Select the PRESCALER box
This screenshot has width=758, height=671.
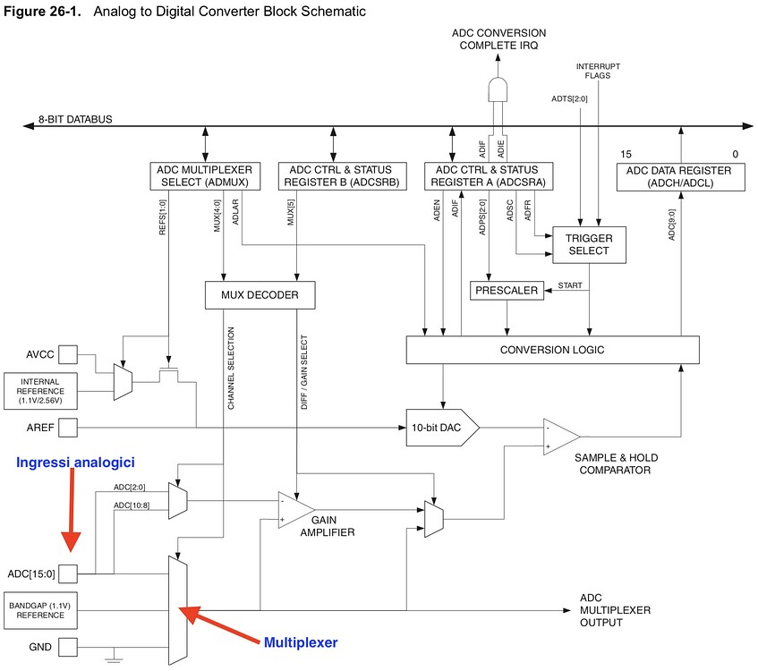tap(506, 291)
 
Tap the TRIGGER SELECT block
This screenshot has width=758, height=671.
tap(589, 243)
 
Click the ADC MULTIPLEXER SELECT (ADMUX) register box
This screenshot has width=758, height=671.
tap(205, 175)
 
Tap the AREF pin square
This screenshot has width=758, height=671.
tap(68, 427)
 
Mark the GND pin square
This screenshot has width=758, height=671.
tap(68, 645)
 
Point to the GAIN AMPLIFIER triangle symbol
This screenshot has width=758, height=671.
tap(290, 509)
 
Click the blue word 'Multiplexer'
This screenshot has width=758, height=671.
tap(301, 642)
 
